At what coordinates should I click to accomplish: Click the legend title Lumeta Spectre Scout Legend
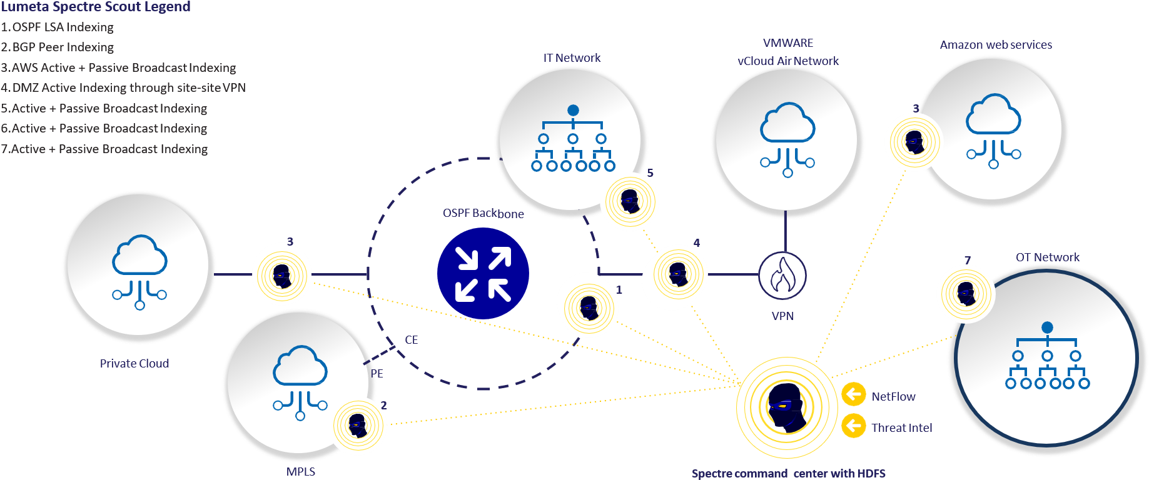tap(95, 7)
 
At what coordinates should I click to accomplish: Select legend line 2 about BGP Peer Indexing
tap(58, 47)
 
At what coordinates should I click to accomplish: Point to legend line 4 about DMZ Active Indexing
tap(123, 88)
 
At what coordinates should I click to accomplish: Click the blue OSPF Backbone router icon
tap(483, 274)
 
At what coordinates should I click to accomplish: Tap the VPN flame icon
tap(782, 276)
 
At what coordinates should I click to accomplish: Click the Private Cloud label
tap(134, 364)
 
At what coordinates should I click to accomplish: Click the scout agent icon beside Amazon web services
tap(913, 142)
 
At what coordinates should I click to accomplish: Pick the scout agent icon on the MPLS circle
tap(358, 426)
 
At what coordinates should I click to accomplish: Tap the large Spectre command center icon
tap(786, 407)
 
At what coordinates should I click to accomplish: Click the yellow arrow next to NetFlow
tap(853, 395)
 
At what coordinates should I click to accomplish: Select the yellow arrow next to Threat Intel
tap(853, 426)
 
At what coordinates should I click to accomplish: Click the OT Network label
tap(1047, 257)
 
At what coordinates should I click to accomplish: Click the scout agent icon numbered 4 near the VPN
tap(677, 274)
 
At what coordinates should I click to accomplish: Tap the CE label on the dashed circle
tap(411, 340)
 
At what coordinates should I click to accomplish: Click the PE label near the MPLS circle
tap(377, 374)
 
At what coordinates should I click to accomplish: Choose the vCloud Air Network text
tap(788, 61)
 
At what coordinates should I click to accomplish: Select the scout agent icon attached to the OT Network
tap(966, 293)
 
